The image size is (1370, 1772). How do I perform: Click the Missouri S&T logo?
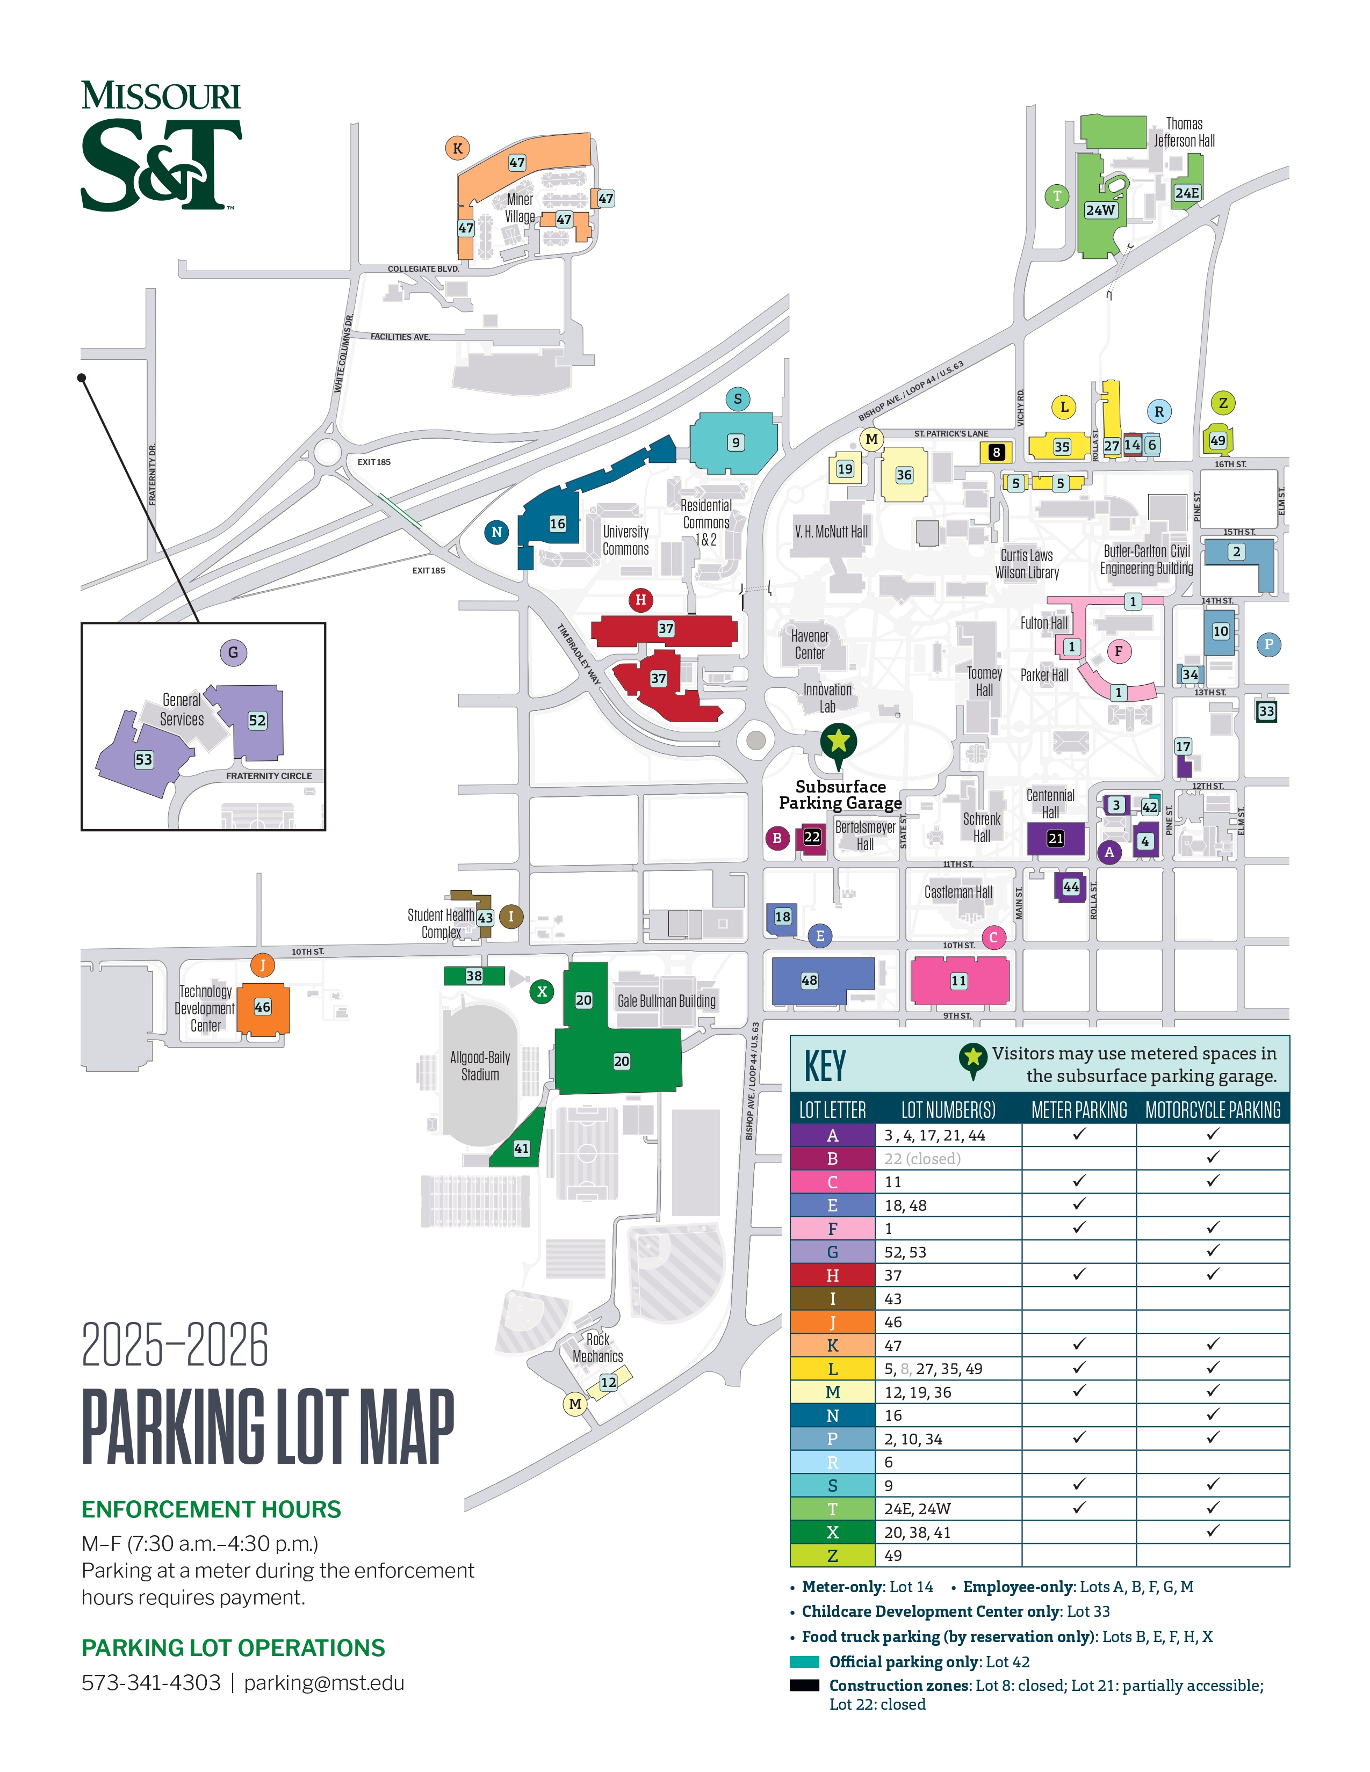coord(161,146)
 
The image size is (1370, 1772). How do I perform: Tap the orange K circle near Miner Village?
coord(458,149)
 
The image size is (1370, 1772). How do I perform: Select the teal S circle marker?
coord(737,398)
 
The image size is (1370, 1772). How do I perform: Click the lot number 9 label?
coord(736,442)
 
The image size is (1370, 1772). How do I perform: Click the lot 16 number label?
coord(558,524)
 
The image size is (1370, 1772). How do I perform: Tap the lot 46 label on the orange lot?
coord(262,1007)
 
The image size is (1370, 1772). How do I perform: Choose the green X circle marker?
coord(542,991)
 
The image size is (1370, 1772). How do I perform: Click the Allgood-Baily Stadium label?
coord(480,1066)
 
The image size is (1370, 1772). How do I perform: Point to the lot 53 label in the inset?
coord(143,759)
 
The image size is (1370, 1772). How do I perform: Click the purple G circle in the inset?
coord(233,652)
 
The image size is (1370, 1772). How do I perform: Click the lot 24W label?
coord(1100,210)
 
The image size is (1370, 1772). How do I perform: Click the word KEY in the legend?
coord(825,1065)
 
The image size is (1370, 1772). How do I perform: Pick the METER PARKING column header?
coord(1079,1110)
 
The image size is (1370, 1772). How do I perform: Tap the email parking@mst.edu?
coord(324,1683)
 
